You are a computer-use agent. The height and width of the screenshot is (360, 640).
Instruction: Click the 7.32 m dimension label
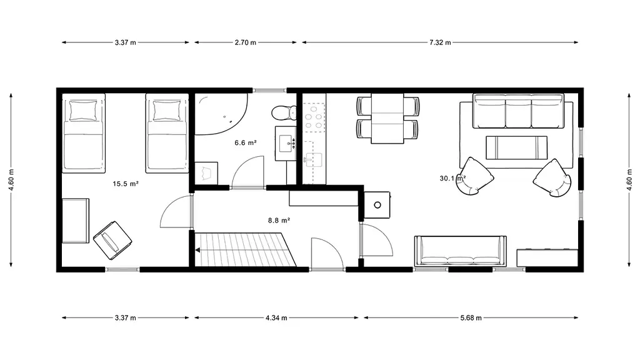point(440,42)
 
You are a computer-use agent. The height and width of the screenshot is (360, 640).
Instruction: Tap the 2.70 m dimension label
point(245,42)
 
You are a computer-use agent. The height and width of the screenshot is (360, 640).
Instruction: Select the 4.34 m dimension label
point(276,318)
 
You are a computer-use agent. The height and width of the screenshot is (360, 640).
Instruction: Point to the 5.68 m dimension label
point(471,318)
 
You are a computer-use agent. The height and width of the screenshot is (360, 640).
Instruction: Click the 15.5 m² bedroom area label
point(126,184)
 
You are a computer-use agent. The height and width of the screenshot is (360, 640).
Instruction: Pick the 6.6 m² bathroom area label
point(245,143)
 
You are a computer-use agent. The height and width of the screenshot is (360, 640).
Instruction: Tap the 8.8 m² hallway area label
point(279,221)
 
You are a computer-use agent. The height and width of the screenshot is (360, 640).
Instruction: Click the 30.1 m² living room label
point(452,178)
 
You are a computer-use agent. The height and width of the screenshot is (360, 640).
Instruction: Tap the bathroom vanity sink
point(286,143)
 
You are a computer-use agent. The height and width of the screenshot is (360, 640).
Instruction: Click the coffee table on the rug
point(516,147)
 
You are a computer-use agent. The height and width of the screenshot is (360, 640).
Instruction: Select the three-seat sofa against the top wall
point(518,111)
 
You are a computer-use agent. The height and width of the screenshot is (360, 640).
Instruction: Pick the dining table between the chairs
point(387,118)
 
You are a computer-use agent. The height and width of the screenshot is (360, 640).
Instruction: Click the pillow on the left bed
point(83,111)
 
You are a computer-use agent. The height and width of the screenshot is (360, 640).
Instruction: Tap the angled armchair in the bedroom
point(112,241)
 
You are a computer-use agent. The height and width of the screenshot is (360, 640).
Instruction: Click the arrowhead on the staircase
point(198,250)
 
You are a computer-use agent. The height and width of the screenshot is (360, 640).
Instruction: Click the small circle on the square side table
point(377,205)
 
